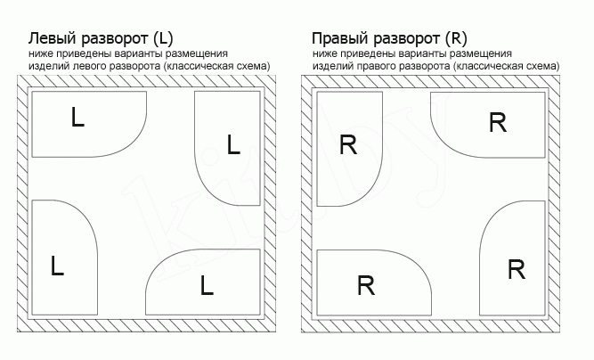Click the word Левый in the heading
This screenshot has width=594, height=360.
(51, 39)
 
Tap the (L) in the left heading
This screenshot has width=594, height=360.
(161, 39)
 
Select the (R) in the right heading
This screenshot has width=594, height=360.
(454, 39)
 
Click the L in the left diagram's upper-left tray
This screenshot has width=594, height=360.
(77, 119)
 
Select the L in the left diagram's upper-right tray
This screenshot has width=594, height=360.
(233, 144)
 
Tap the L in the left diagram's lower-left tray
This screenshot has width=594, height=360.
(58, 266)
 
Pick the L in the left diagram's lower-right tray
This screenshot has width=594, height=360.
(207, 286)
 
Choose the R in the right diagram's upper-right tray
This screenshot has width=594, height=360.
(498, 123)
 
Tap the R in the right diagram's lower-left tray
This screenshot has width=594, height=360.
(365, 286)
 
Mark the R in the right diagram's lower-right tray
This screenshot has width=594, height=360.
(517, 268)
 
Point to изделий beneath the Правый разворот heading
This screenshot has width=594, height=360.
(330, 66)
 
